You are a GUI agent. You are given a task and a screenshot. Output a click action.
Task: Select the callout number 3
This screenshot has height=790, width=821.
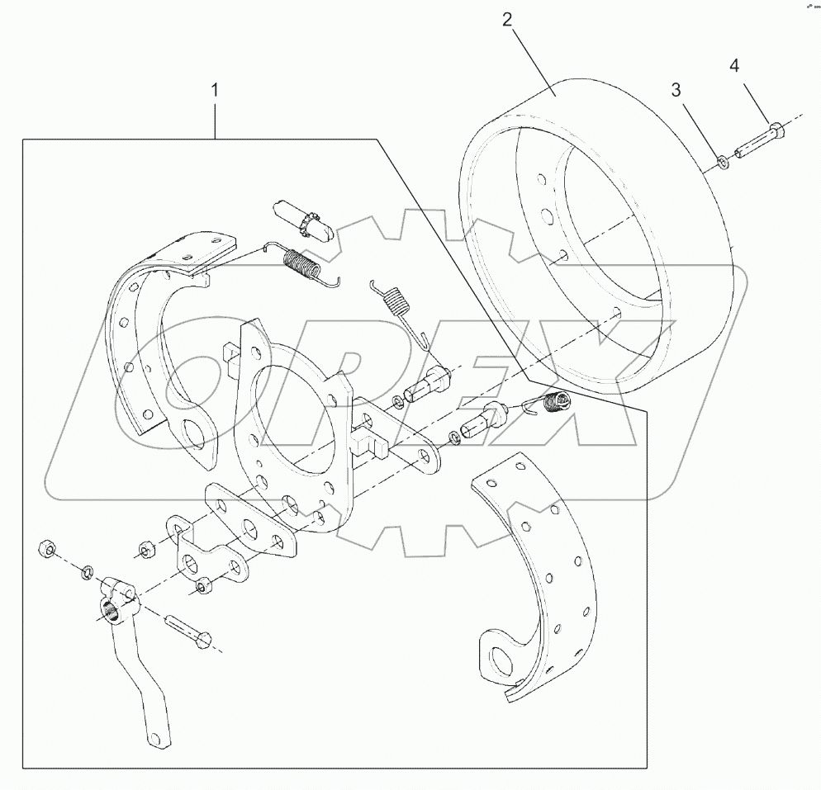pyautogui.click(x=676, y=90)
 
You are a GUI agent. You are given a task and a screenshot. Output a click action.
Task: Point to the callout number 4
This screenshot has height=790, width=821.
pyautogui.click(x=734, y=64)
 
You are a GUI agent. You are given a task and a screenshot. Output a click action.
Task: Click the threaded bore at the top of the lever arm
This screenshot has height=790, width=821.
pyautogui.click(x=110, y=612)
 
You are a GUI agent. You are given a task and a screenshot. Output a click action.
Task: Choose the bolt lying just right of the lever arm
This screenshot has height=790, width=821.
pyautogui.click(x=189, y=633)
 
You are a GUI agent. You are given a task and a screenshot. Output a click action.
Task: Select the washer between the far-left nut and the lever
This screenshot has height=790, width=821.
pyautogui.click(x=88, y=571)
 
